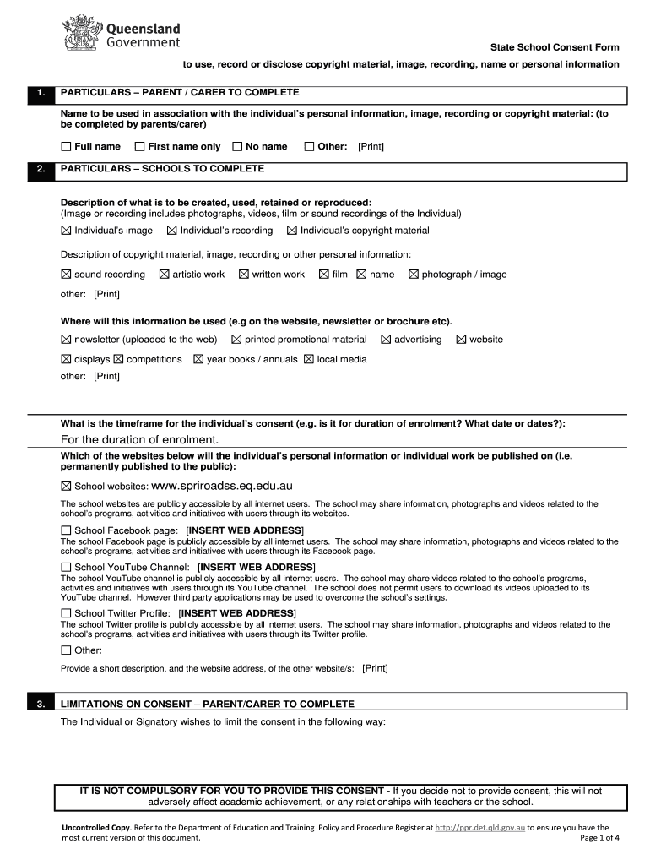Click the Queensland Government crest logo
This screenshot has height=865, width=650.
click(82, 34)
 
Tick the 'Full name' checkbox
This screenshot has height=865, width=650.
click(66, 147)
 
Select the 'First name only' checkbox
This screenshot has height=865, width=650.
click(140, 147)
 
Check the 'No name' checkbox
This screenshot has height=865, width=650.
click(237, 147)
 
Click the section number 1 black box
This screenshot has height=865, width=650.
click(41, 93)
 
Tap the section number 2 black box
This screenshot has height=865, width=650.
click(41, 169)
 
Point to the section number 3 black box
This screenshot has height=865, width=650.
click(41, 704)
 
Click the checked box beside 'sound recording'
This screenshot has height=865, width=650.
click(66, 275)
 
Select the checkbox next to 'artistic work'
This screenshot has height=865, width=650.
click(165, 275)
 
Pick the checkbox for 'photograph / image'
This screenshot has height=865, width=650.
click(414, 275)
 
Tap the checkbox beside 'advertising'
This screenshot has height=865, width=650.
click(386, 340)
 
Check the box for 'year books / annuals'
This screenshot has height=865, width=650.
click(198, 359)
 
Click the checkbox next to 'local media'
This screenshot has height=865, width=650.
click(308, 359)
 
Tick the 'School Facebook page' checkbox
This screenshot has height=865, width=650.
click(66, 530)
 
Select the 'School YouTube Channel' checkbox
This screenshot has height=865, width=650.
click(66, 567)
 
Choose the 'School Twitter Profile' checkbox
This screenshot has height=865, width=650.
click(66, 613)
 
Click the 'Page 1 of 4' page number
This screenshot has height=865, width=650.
click(600, 838)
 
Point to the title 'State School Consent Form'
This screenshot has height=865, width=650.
click(555, 47)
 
